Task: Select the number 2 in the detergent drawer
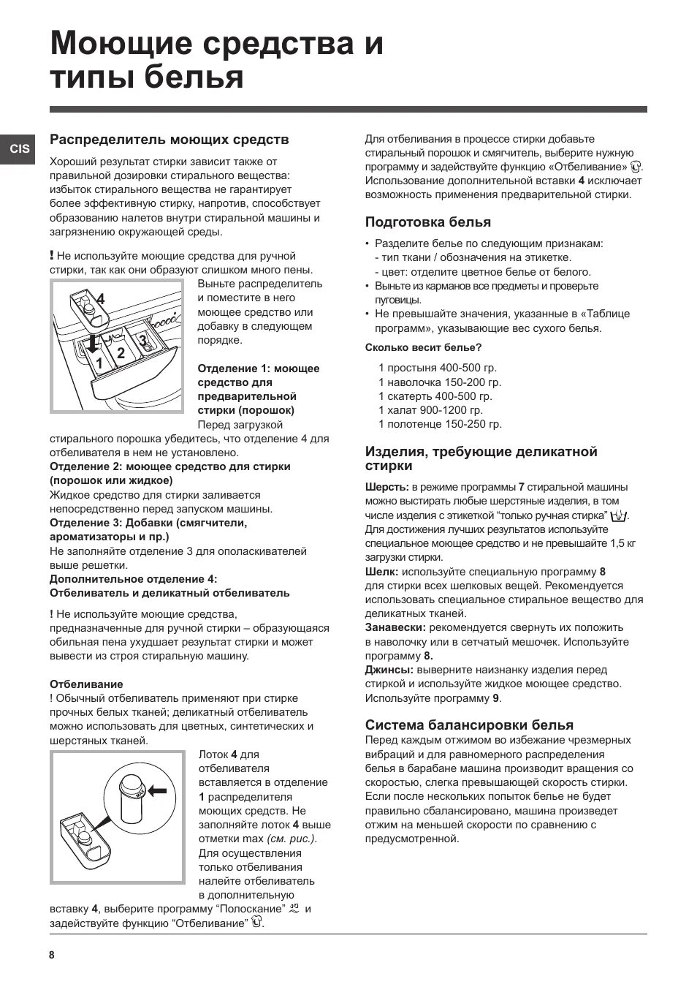pyautogui.click(x=121, y=353)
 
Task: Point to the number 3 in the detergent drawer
pyautogui.click(x=143, y=340)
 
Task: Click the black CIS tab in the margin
pyautogui.click(x=20, y=148)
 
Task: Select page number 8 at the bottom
pyautogui.click(x=52, y=955)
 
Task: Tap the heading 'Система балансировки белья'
pyautogui.click(x=469, y=725)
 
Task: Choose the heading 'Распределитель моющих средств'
pyautogui.click(x=169, y=139)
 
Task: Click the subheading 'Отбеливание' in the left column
pyautogui.click(x=86, y=684)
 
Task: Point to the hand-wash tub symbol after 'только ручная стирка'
pyautogui.click(x=620, y=515)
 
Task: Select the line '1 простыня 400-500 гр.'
pyautogui.click(x=437, y=368)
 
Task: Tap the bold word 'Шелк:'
pyautogui.click(x=381, y=572)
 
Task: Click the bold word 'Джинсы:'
pyautogui.click(x=389, y=670)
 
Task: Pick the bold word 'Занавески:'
pyautogui.click(x=395, y=627)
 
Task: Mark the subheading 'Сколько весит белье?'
pyautogui.click(x=423, y=347)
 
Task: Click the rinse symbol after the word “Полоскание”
pyautogui.click(x=294, y=909)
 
